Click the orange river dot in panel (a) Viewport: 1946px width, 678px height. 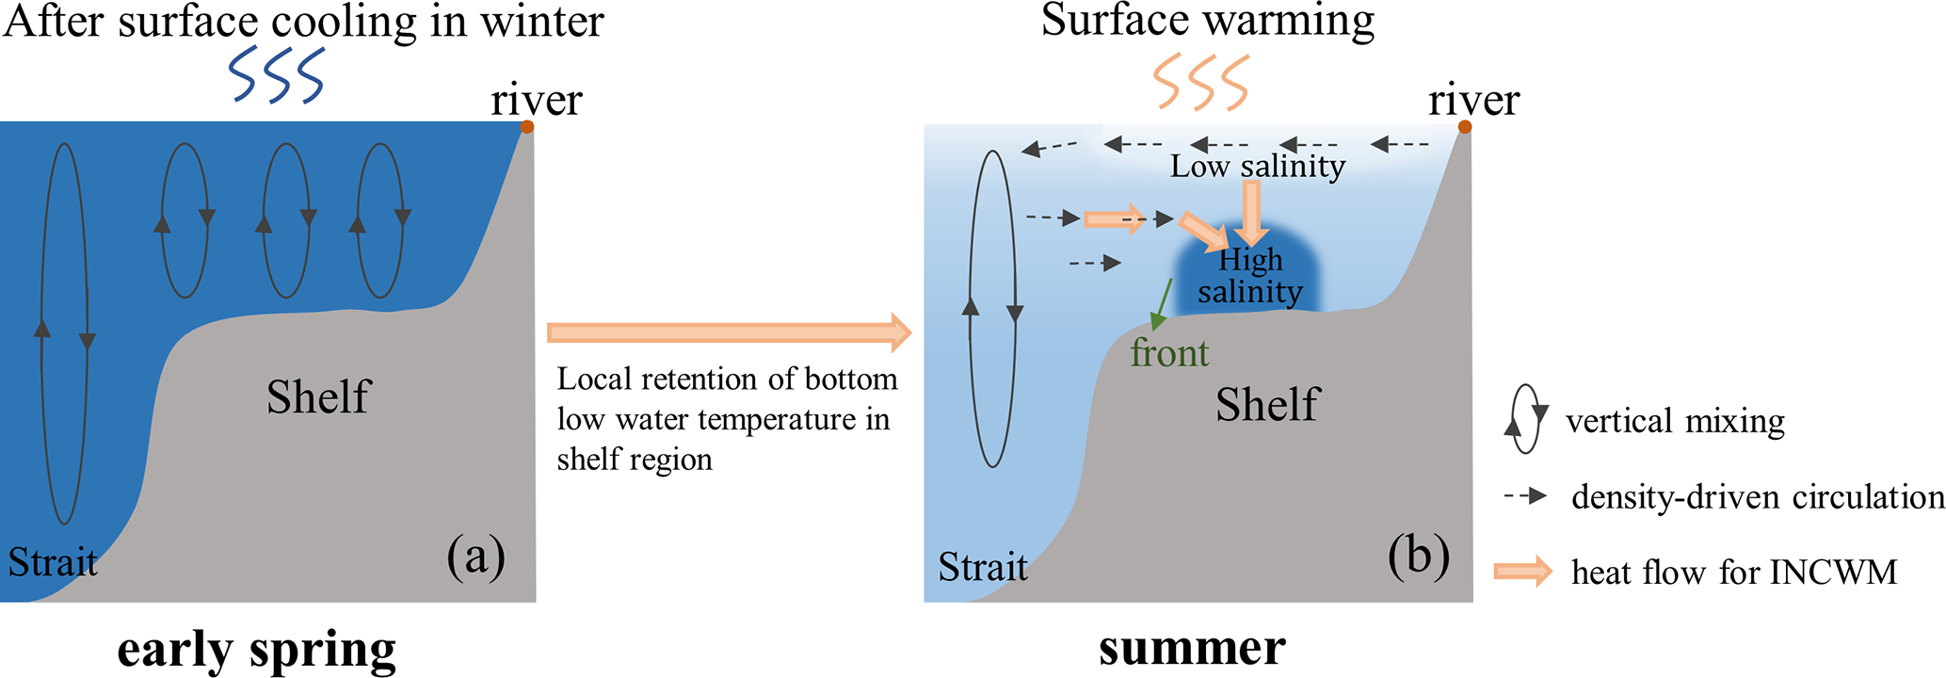pos(527,127)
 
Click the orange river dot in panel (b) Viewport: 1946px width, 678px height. pos(1464,127)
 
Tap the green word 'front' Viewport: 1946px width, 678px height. pos(1169,354)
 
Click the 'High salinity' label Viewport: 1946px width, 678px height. pos(1250,276)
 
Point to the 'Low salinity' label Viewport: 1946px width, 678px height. pos(1257,167)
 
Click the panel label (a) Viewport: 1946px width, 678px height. pos(475,556)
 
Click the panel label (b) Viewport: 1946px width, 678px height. pos(1418,556)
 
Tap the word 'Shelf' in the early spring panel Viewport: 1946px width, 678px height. pos(318,396)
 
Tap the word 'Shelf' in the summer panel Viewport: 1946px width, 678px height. pos(1267,405)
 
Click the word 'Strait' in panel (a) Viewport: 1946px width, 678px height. pos(53,562)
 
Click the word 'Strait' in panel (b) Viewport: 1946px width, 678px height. pos(982,567)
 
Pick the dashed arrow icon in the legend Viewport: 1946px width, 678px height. pos(1526,496)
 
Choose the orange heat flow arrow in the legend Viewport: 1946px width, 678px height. pos(1522,572)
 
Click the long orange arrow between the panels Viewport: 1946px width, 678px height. pos(729,331)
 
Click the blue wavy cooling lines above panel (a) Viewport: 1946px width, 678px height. pos(277,75)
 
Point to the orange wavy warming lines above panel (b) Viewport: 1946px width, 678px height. pos(1201,82)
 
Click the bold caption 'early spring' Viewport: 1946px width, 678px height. pos(256,650)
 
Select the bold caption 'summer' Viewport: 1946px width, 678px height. pos(1192,648)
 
